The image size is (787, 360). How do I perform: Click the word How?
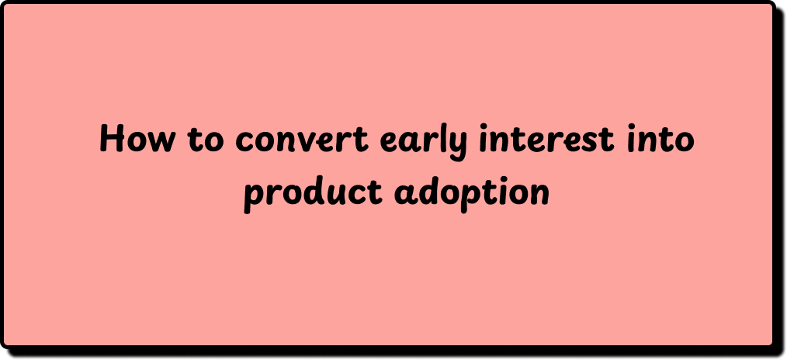tap(137, 138)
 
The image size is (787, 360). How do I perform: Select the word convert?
tap(302, 140)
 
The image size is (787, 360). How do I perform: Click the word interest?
tap(546, 139)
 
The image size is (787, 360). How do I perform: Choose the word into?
tap(660, 139)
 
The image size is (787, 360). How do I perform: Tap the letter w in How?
tap(161, 142)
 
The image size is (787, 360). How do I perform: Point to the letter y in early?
tap(457, 147)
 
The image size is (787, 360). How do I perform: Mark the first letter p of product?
tap(255, 199)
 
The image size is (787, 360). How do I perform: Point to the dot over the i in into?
tap(633, 127)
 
